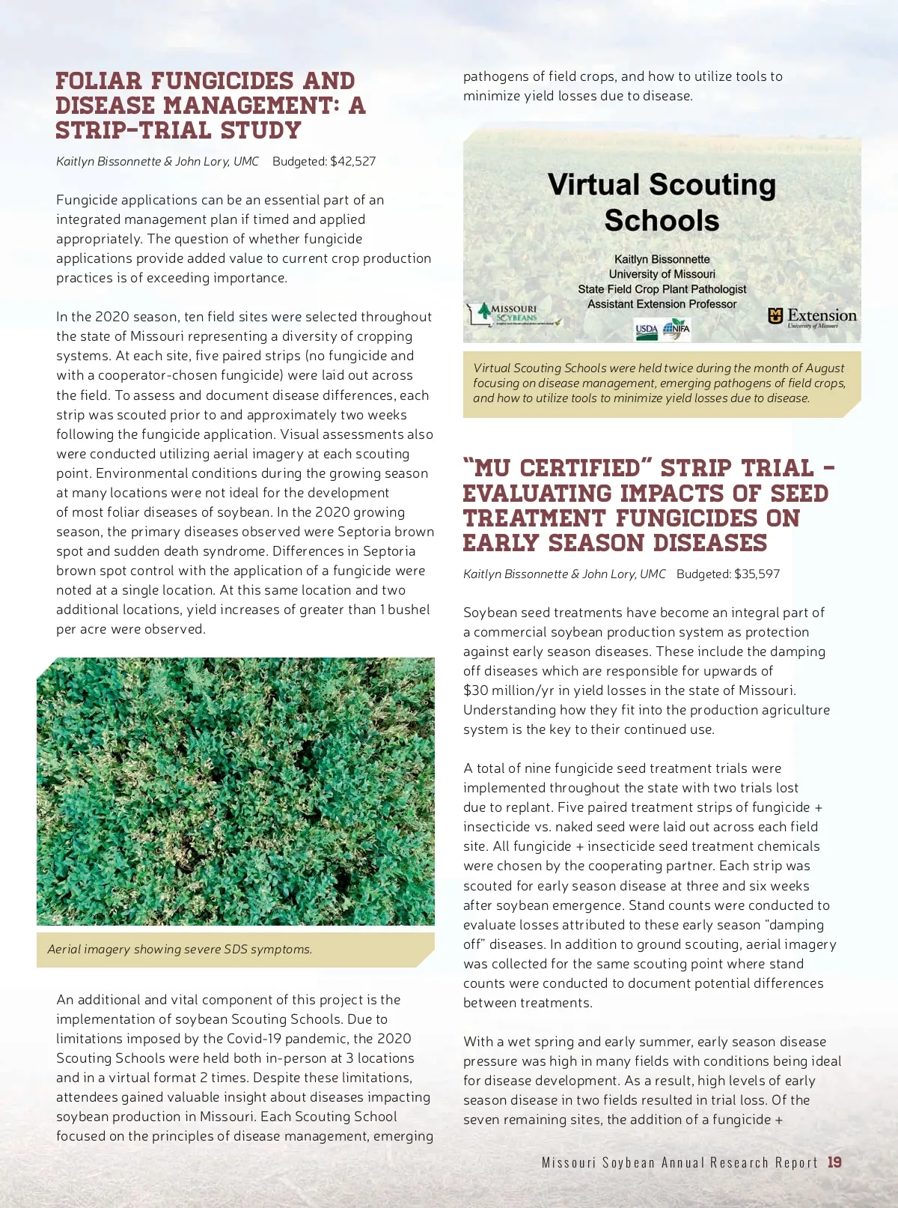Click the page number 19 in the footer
[834, 1162]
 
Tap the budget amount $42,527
[352, 161]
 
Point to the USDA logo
[646, 330]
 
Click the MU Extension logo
[812, 317]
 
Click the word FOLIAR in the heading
[99, 81]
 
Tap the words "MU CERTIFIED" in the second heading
[553, 468]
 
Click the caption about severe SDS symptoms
[180, 949]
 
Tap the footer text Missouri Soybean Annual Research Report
[679, 1162]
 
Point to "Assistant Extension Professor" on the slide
[662, 304]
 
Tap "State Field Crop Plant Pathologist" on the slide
[662, 289]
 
